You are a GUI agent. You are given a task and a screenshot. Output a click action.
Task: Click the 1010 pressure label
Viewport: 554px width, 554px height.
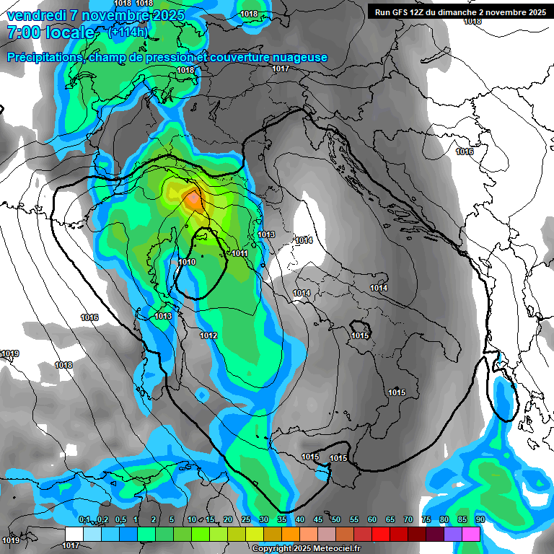coord(186,262)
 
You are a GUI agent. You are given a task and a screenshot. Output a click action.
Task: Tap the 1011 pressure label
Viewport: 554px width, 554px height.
coord(240,253)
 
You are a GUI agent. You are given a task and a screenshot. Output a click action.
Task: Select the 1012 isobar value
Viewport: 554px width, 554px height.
coord(209,335)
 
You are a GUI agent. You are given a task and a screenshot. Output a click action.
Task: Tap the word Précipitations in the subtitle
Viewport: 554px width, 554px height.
coord(44,58)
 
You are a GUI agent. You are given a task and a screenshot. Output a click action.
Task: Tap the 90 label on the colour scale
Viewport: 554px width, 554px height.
coord(480,520)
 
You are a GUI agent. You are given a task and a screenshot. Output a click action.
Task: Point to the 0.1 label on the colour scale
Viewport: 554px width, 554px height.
coord(84,520)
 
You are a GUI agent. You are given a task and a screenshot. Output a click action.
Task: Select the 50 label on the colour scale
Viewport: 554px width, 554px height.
coord(336,520)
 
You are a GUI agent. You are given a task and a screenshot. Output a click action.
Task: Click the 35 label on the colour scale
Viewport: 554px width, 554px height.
coord(282,520)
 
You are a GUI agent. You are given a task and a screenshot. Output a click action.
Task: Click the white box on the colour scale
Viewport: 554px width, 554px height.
coord(74,533)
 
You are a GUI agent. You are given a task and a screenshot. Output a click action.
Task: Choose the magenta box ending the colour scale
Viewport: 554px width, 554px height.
coord(471,533)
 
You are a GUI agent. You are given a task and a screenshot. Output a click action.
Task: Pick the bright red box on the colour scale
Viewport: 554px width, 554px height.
coord(381,533)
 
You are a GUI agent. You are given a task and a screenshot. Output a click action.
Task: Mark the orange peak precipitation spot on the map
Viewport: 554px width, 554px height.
coord(193,199)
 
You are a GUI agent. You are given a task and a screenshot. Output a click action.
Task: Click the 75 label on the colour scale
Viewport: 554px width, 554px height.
coord(426,520)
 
